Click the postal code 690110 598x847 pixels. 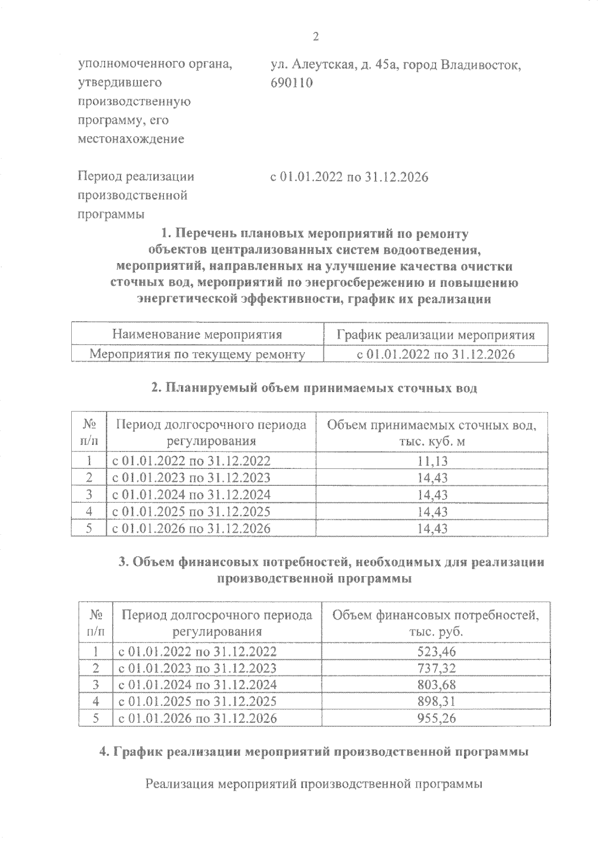click(x=292, y=83)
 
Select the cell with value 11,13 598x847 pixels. click(x=432, y=461)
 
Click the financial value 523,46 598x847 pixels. click(x=436, y=651)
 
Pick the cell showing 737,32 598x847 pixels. click(x=436, y=668)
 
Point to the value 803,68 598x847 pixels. click(x=436, y=685)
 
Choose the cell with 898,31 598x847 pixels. click(x=436, y=702)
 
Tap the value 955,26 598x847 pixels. click(x=436, y=718)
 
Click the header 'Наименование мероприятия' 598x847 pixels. click(x=197, y=335)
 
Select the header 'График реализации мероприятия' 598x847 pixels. click(x=436, y=335)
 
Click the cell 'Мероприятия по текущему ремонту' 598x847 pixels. click(x=197, y=355)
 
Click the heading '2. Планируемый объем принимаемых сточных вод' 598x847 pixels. click(x=314, y=389)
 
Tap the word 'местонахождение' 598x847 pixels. click(x=131, y=139)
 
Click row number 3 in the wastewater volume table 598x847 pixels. click(x=89, y=495)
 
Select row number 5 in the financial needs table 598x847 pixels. click(x=96, y=718)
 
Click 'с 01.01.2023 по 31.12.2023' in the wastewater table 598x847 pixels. click(x=191, y=478)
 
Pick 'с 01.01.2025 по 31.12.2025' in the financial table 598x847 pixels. click(x=197, y=702)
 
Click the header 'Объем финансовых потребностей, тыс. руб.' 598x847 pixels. click(x=436, y=623)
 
